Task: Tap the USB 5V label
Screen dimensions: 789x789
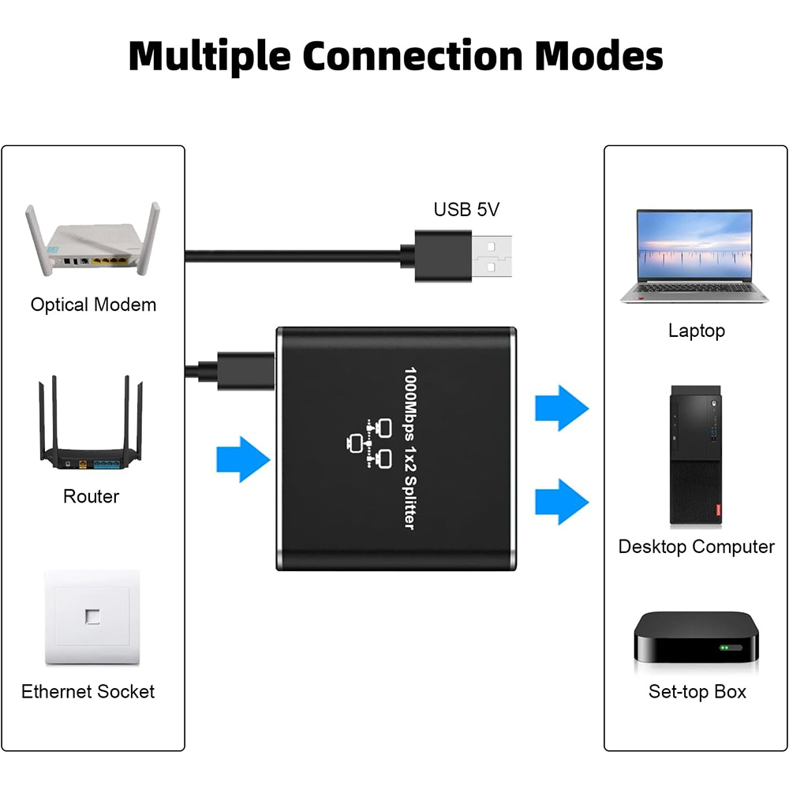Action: (x=466, y=210)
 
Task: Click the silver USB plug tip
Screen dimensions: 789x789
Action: (x=492, y=257)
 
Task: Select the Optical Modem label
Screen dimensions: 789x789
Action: (x=93, y=305)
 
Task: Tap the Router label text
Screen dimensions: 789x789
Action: (x=92, y=496)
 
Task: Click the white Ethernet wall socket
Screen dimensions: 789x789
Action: (x=92, y=618)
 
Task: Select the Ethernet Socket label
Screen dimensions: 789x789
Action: (x=88, y=692)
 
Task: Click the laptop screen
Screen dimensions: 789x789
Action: (x=695, y=245)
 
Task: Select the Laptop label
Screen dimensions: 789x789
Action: (x=696, y=331)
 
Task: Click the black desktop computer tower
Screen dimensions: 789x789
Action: (x=696, y=456)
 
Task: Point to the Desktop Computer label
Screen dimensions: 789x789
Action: (x=696, y=547)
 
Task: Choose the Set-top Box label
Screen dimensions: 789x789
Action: (x=697, y=692)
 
